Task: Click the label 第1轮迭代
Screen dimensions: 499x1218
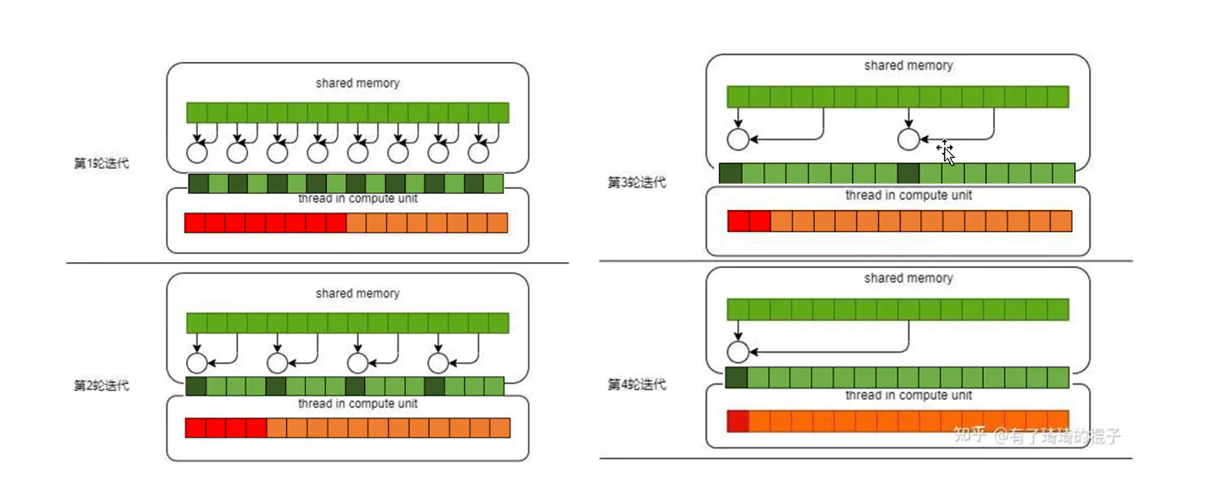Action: click(x=101, y=163)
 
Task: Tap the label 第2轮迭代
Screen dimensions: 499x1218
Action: click(x=101, y=385)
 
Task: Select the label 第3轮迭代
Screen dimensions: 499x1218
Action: click(x=636, y=182)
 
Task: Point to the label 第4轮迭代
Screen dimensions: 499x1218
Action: click(x=636, y=384)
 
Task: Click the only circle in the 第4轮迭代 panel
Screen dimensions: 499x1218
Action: click(x=738, y=352)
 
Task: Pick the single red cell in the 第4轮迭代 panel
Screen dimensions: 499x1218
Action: click(x=738, y=421)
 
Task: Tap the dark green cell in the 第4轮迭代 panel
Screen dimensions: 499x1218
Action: click(x=736, y=378)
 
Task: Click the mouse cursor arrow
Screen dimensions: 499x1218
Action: click(x=948, y=154)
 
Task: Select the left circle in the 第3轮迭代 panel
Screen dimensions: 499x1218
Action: click(x=738, y=139)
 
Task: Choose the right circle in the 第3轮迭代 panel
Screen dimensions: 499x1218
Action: click(x=908, y=139)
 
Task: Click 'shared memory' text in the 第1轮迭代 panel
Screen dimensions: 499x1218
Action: click(x=357, y=83)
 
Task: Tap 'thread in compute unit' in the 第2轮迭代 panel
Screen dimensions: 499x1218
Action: click(x=357, y=403)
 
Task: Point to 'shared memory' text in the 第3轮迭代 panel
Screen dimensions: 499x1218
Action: click(x=908, y=65)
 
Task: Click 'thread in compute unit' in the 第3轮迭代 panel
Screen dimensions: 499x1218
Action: click(x=908, y=195)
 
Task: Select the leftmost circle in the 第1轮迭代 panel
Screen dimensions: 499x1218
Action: click(x=197, y=153)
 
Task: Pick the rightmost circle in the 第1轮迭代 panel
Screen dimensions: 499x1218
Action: click(x=479, y=153)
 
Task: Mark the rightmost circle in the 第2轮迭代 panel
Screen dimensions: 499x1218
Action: click(x=438, y=363)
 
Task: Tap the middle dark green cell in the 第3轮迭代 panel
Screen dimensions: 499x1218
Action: click(x=908, y=173)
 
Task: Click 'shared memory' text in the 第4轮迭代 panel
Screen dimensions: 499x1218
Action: click(x=908, y=278)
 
